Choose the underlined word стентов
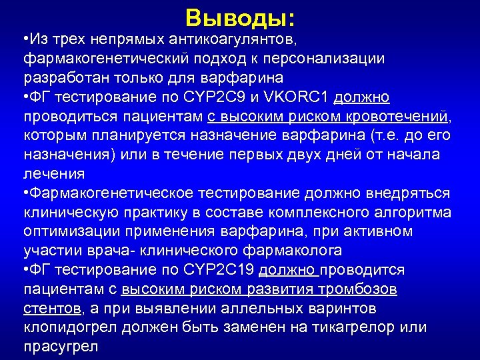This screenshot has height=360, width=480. (52, 309)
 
